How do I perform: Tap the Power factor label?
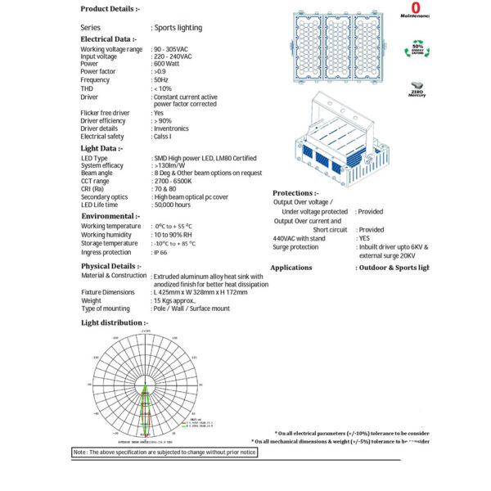102,71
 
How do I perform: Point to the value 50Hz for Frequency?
162,80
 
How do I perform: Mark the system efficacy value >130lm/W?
173,165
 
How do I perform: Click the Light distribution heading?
114,323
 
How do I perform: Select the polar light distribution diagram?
147,384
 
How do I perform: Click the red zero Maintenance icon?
416,10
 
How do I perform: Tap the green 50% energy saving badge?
417,51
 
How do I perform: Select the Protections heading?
295,192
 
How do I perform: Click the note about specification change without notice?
164,452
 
